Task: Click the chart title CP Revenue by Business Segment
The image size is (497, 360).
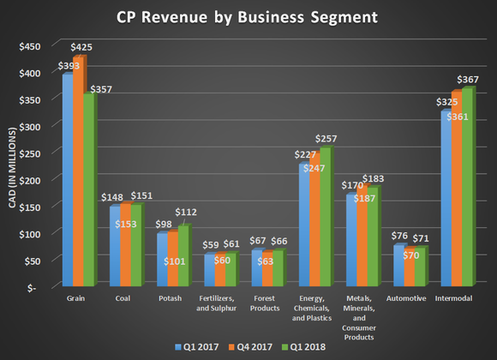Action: (248, 18)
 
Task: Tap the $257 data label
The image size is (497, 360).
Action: (326, 139)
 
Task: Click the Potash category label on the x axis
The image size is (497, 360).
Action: (171, 300)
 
